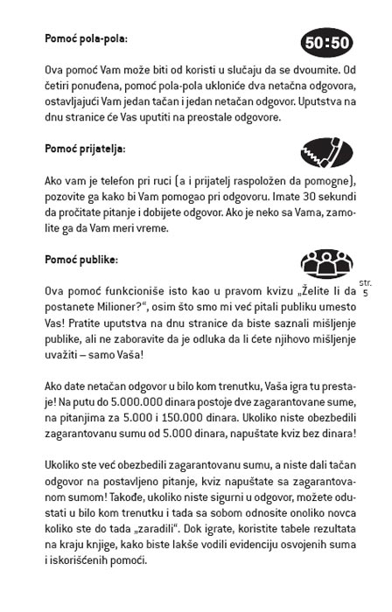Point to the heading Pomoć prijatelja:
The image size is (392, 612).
(x=96, y=149)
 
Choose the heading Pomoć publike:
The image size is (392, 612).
(x=87, y=260)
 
